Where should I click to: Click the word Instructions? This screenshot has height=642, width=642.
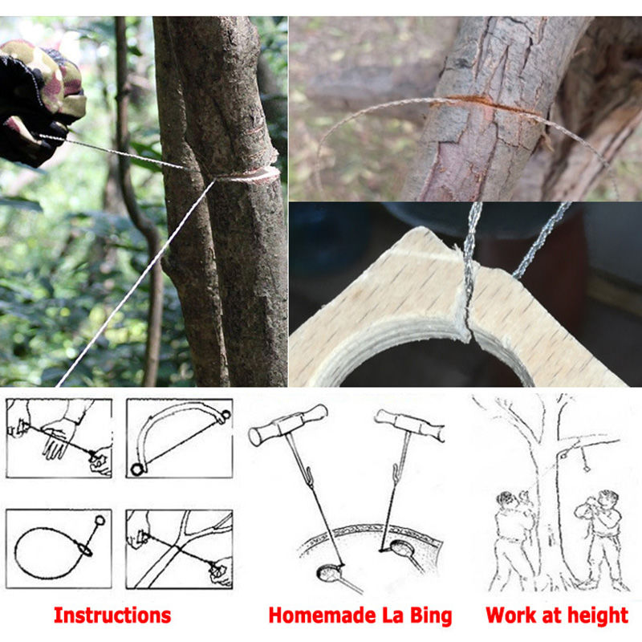(112, 616)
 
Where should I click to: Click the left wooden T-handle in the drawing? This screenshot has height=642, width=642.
(287, 425)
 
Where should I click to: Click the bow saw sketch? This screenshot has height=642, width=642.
(178, 439)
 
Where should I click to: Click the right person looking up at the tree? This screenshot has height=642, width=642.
(598, 538)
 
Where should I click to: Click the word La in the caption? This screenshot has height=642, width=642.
(391, 616)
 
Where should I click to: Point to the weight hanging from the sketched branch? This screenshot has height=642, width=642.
(584, 462)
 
